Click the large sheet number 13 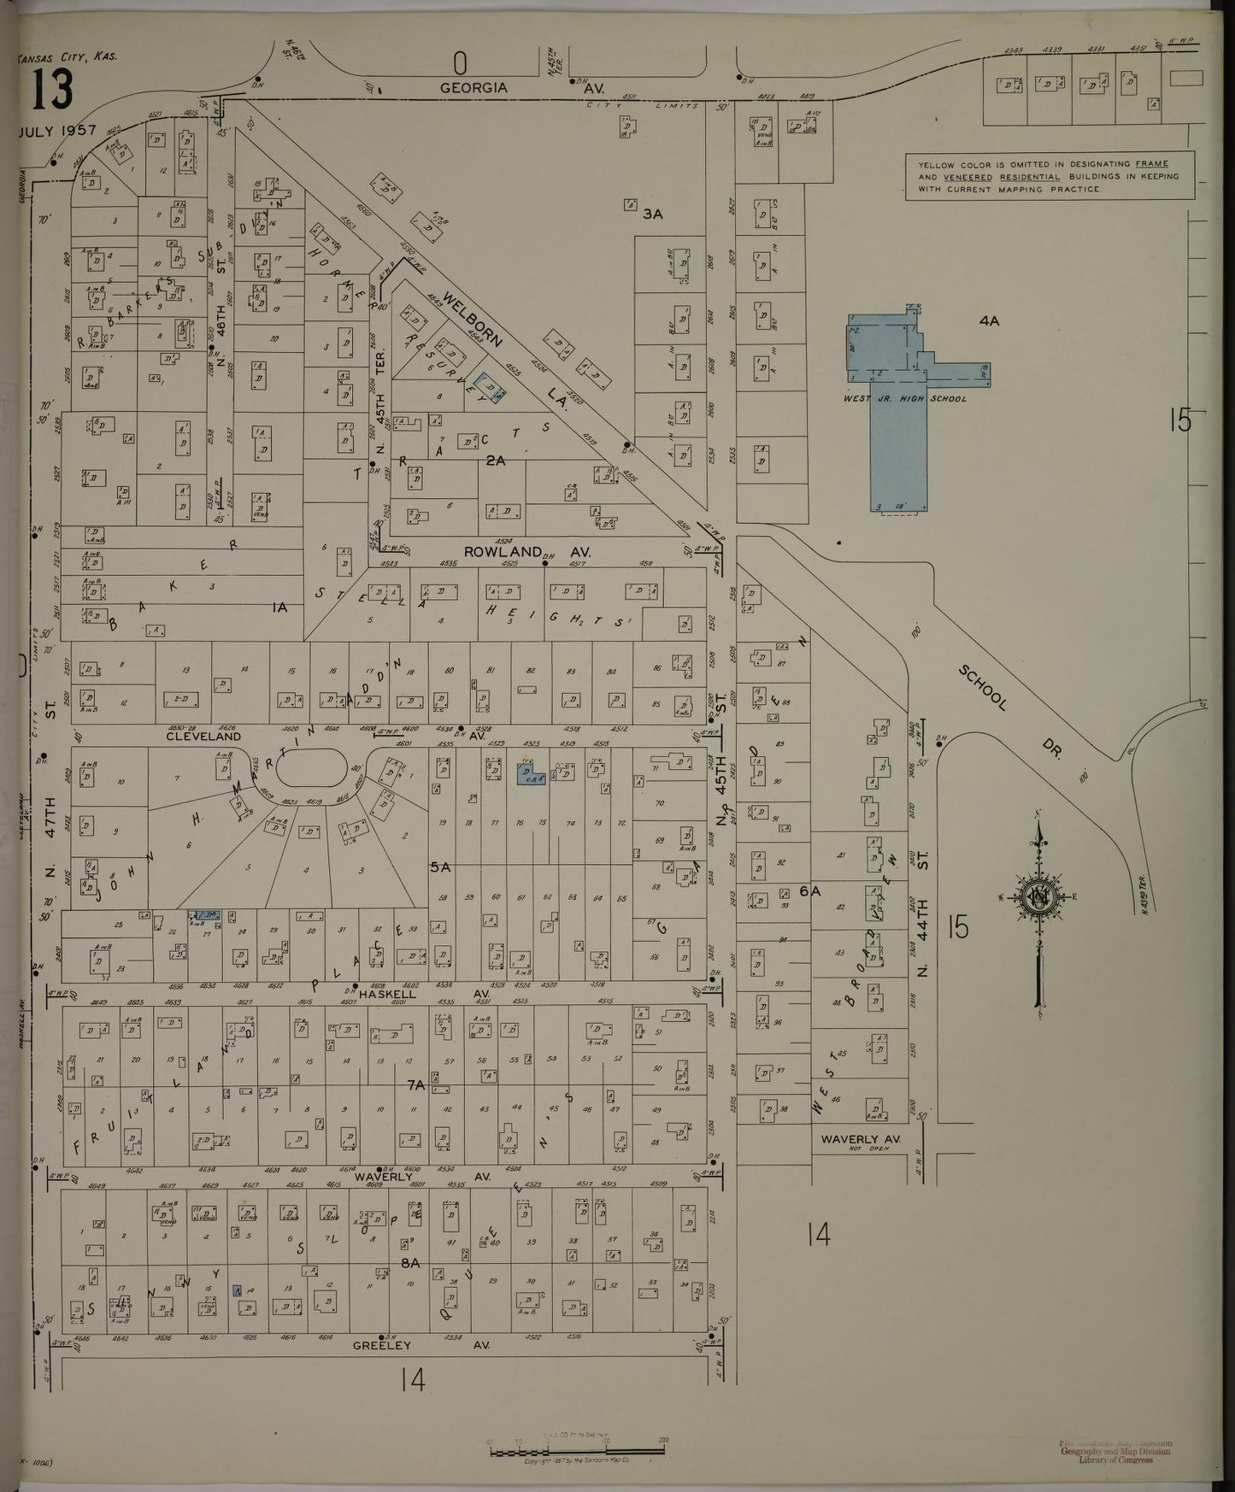click(53, 90)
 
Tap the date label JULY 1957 click(56, 131)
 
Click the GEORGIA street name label click(473, 87)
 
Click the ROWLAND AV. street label click(526, 552)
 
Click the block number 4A click(990, 321)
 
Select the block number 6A click(809, 890)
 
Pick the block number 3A click(653, 214)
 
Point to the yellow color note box click(1050, 177)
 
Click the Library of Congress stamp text click(1115, 1459)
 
